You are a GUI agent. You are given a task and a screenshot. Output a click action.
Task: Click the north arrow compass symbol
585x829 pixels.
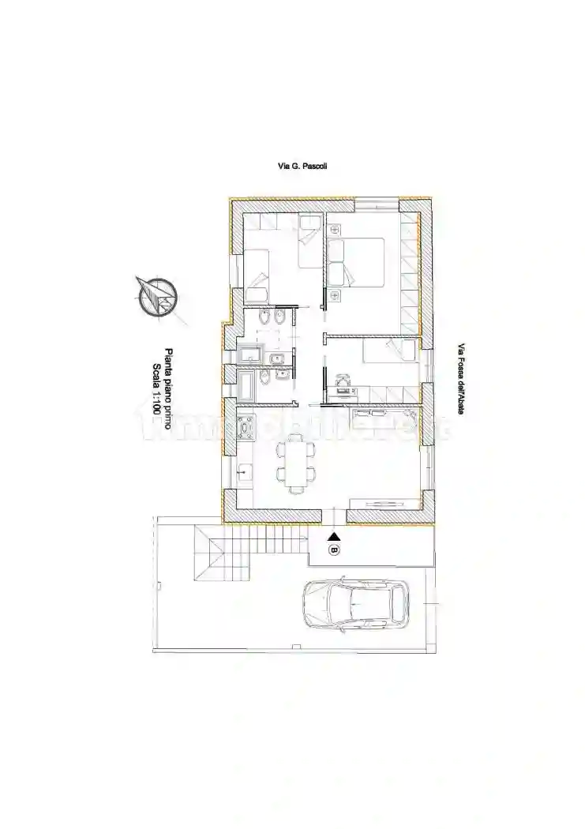click(156, 297)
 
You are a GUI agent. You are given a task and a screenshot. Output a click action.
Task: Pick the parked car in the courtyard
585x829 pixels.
click(355, 605)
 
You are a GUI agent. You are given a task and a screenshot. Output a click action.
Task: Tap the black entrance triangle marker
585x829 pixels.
click(333, 537)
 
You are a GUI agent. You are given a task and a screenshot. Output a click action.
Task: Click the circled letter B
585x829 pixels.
click(334, 549)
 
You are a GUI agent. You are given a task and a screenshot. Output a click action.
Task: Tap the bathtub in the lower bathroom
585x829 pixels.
click(247, 385)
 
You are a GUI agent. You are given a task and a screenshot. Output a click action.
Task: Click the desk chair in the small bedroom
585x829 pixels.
click(343, 381)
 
